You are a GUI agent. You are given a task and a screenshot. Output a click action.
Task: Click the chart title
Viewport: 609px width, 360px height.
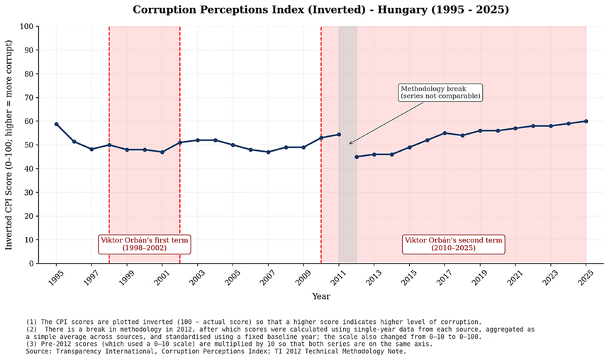point(320,10)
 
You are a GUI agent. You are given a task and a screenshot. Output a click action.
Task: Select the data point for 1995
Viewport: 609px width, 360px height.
point(56,124)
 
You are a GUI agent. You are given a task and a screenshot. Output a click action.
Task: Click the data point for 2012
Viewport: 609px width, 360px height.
point(357,157)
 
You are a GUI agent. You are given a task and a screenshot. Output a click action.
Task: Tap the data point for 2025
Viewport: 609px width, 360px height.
point(586,121)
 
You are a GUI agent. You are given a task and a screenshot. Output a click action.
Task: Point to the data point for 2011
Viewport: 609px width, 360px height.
point(339,135)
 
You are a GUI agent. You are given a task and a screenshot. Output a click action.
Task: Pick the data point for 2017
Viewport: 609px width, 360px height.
point(445,133)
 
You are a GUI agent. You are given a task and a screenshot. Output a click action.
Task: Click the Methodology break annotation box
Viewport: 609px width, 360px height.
point(440,92)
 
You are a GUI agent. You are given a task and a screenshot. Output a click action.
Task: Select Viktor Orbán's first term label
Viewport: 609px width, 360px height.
point(145,244)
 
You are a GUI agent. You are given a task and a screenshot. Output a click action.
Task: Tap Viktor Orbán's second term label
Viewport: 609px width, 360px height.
point(454,244)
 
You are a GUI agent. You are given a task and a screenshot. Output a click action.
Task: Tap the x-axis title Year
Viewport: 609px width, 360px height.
point(320,296)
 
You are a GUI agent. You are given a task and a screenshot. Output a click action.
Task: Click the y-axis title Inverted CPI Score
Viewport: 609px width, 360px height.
point(9,145)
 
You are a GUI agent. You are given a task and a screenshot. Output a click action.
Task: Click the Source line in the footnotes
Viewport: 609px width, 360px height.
point(216,351)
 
